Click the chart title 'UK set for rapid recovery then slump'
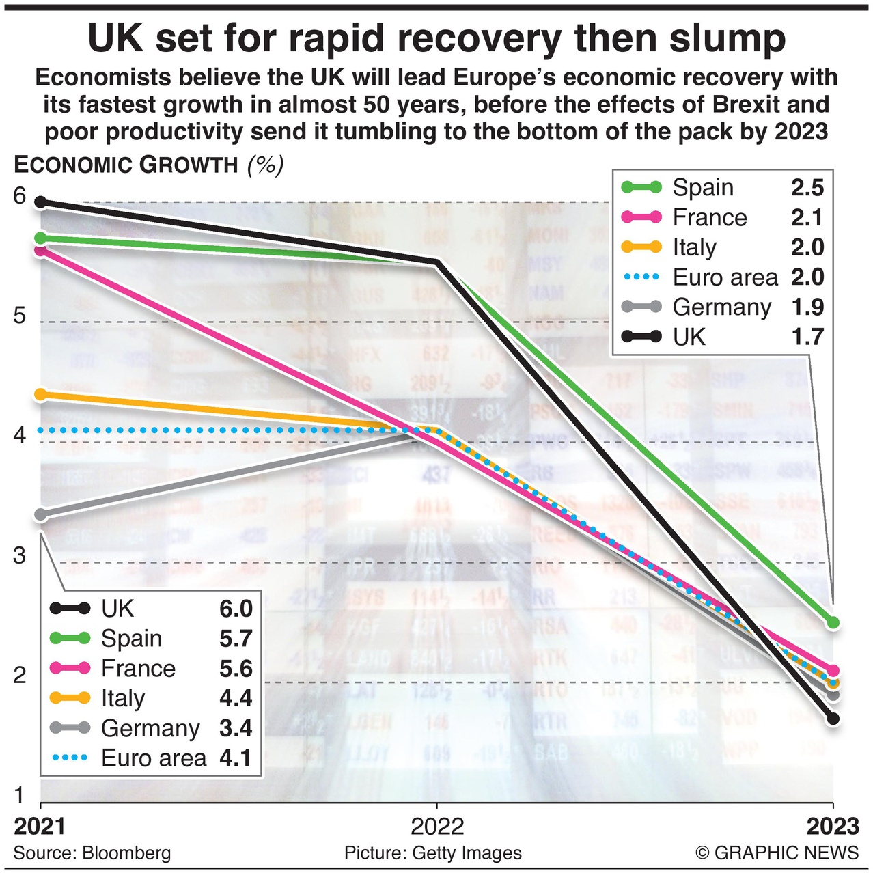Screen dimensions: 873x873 pos(436,38)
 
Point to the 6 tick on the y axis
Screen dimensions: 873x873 pos(20,197)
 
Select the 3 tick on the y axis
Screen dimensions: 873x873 pos(20,555)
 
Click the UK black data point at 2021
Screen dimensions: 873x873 pos(41,202)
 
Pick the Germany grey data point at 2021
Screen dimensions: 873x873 pos(41,514)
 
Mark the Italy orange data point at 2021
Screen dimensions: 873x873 pos(41,394)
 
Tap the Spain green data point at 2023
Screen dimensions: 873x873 pos(833,622)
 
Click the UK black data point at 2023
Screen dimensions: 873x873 pos(833,718)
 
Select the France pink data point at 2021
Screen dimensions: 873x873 pos(41,250)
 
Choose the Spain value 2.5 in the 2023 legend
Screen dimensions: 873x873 pos(807,188)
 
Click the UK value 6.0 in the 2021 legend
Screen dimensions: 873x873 pos(236,609)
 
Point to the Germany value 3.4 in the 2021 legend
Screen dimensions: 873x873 pos(236,728)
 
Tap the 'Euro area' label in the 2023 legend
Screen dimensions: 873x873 pos(725,277)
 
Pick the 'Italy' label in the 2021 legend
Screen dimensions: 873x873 pos(123,698)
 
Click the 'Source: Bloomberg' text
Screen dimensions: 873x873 pos(92,853)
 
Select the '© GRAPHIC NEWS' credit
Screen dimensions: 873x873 pos(777,853)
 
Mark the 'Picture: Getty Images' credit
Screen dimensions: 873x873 pos(433,853)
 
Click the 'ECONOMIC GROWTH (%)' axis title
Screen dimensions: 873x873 pos(148,165)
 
